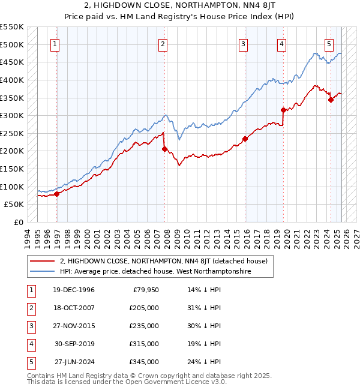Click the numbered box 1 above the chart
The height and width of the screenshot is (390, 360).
click(55, 43)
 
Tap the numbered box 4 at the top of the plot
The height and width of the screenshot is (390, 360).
click(281, 43)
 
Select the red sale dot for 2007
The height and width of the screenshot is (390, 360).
click(164, 149)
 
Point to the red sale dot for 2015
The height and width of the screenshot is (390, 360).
click(245, 139)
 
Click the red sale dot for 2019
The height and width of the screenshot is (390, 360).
click(283, 110)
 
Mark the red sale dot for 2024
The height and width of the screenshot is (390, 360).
click(331, 100)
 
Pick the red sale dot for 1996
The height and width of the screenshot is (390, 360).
click(57, 194)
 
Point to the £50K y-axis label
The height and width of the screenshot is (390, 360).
click(14, 205)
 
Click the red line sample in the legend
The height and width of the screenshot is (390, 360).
click(43, 261)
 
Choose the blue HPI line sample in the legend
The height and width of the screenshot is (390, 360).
click(43, 271)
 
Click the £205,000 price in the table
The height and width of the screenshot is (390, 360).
click(145, 308)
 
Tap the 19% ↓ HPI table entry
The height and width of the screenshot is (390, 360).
click(205, 344)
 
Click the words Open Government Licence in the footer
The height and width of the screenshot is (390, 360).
click(167, 382)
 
